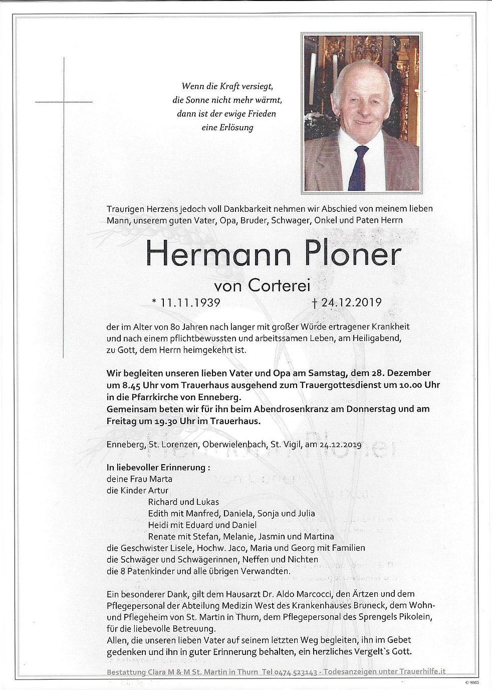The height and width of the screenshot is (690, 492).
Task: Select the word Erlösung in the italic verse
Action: [235, 127]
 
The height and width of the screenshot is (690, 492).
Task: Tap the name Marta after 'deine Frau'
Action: [161, 479]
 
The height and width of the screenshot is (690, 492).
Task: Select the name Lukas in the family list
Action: [207, 502]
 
